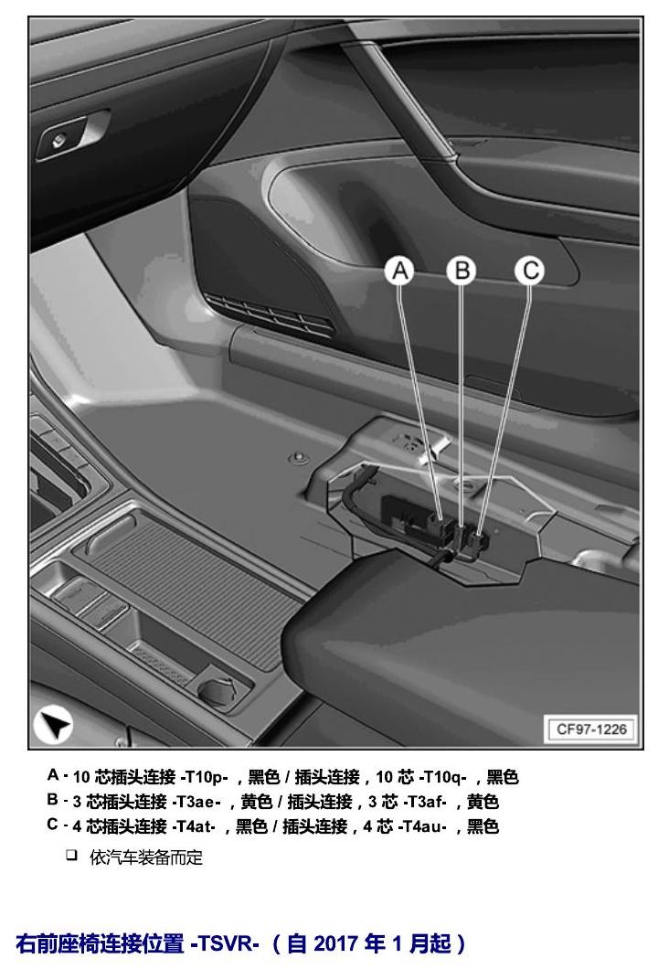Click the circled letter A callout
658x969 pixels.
pyautogui.click(x=399, y=271)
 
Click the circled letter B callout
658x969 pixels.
pyautogui.click(x=462, y=271)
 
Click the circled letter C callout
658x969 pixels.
pyautogui.click(x=530, y=271)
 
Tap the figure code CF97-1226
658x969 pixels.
pyautogui.click(x=591, y=729)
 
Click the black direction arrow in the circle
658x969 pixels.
pyautogui.click(x=54, y=725)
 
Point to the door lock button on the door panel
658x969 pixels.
pyautogui.click(x=58, y=140)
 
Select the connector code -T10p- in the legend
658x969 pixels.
pyautogui.click(x=203, y=777)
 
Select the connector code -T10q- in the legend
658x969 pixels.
pyautogui.click(x=441, y=777)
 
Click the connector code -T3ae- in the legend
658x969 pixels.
pyautogui.click(x=196, y=802)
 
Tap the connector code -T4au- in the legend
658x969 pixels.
pyautogui.click(x=422, y=826)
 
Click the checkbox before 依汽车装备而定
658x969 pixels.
pyautogui.click(x=71, y=856)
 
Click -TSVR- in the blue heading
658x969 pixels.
pyautogui.click(x=225, y=943)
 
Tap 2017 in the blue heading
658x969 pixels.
pyautogui.click(x=335, y=943)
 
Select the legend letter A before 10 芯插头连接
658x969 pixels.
pyautogui.click(x=54, y=775)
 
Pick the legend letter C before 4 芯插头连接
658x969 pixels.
pyautogui.click(x=53, y=825)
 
